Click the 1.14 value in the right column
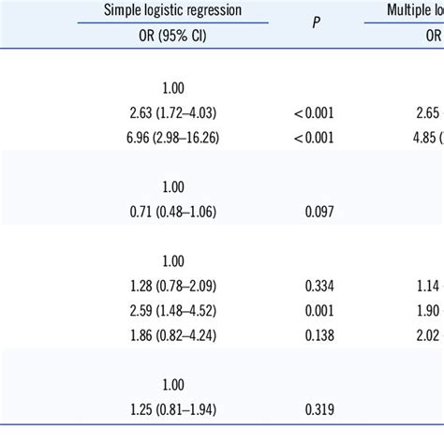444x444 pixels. tap(426, 287)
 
